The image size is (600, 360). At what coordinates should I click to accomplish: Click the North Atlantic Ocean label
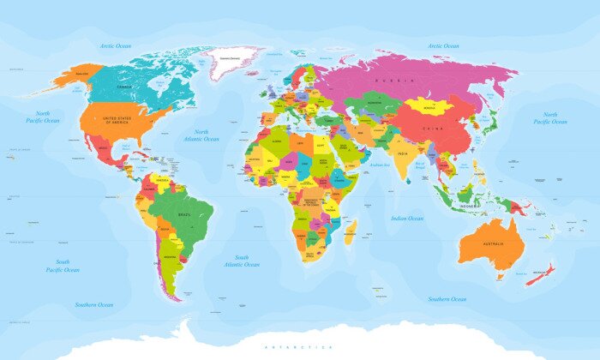coord(201,135)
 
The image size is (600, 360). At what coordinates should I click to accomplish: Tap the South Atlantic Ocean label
coord(243,261)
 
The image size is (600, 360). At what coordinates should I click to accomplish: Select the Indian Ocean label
coord(407,219)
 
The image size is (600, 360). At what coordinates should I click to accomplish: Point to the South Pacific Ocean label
coord(63,265)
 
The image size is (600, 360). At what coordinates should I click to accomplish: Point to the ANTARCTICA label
coord(299,346)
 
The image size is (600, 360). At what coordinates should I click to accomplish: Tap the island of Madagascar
coord(350,229)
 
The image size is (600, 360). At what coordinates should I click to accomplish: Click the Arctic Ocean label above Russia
coord(443,45)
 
